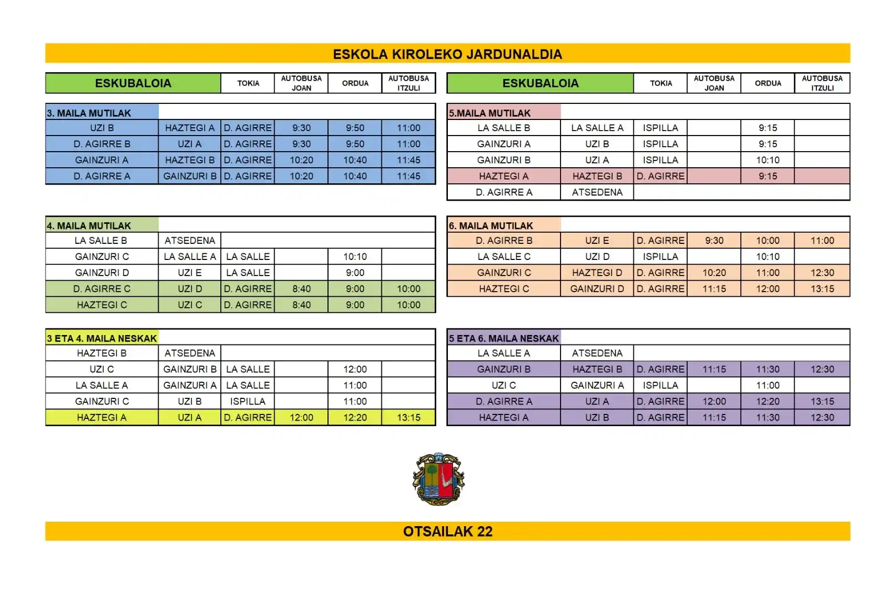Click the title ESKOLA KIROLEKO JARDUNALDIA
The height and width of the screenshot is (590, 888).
coord(447,54)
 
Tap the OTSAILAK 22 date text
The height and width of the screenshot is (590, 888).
coord(447,531)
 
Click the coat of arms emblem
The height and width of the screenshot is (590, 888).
coord(438,479)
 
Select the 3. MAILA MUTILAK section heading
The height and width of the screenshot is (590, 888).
coord(89,113)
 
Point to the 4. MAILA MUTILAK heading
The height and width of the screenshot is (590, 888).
coord(89,226)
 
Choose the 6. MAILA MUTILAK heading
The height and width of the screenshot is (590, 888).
coord(491,226)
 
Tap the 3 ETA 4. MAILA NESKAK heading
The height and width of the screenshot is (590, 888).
coord(102,338)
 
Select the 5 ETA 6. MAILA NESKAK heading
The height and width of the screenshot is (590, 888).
coord(504,338)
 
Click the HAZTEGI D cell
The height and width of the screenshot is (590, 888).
coord(597,273)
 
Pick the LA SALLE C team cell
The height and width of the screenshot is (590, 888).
coord(504,257)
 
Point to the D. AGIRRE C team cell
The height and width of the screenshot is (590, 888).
coord(102,289)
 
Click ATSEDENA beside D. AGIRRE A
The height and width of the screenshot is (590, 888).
coord(597,192)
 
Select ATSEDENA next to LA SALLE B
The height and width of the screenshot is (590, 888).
coord(190,241)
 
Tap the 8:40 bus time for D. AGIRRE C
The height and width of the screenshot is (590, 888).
coord(301,289)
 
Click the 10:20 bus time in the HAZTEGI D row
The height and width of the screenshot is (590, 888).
coord(714,273)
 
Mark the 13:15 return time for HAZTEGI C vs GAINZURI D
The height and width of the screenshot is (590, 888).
coord(822,289)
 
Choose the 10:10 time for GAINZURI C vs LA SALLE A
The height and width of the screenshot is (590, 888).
coord(355,257)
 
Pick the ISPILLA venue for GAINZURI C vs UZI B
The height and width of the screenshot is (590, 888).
coord(248,401)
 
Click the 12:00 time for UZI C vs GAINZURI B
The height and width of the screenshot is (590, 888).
coord(355,369)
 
